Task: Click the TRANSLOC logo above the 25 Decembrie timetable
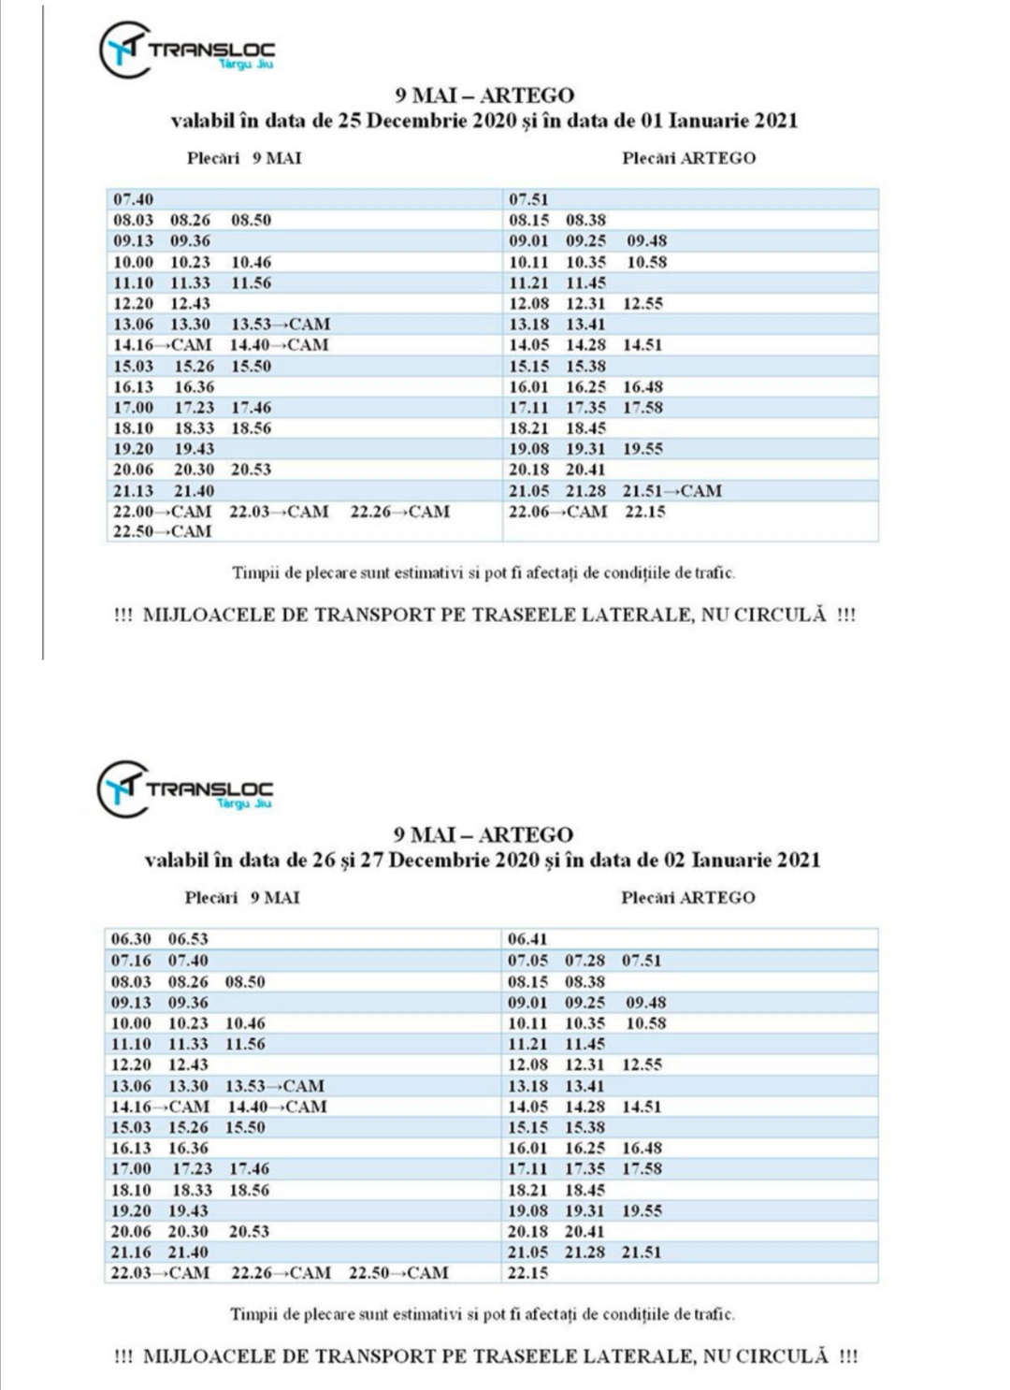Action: pos(187,50)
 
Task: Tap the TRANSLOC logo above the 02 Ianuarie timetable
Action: pos(185,789)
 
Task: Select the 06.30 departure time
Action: pos(131,939)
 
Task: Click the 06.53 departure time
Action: pos(188,939)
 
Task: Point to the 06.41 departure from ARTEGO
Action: pos(527,939)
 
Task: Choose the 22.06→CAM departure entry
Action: pos(557,512)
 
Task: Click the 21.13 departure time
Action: pos(134,490)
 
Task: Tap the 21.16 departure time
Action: pos(132,1252)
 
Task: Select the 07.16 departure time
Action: pos(131,961)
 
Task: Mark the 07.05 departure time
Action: pos(527,961)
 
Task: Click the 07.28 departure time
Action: pos(584,961)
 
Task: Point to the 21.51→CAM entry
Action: pos(671,490)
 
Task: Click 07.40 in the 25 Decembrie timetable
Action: pos(134,199)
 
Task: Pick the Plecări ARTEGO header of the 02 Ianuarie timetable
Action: pos(687,898)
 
